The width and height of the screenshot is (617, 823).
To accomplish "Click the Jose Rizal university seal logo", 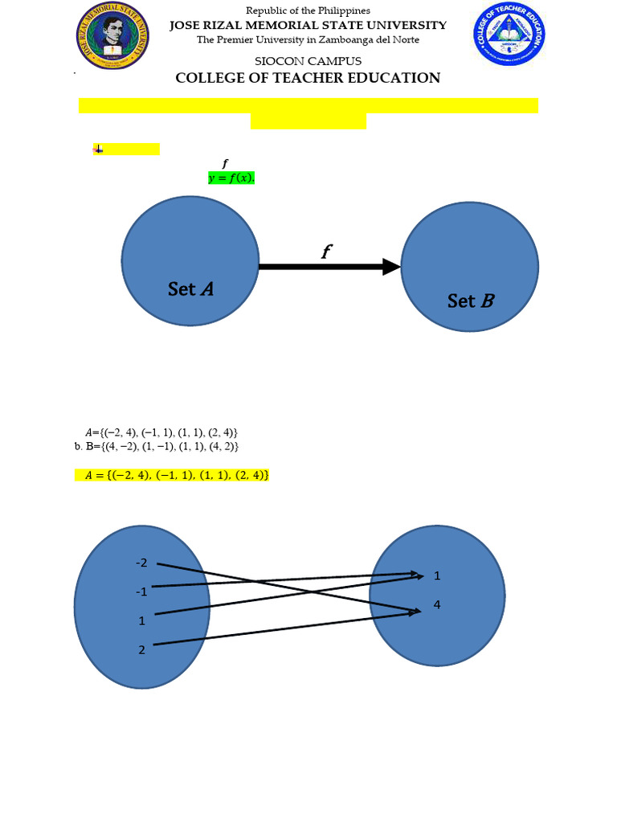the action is [112, 36].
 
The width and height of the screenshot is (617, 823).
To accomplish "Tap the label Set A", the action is [190, 289].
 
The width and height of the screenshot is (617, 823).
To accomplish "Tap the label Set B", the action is [471, 301].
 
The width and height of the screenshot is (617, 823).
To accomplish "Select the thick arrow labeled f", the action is [329, 267].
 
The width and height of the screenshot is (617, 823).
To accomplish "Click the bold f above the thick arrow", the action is [326, 252].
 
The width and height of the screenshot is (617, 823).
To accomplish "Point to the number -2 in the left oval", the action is [142, 563].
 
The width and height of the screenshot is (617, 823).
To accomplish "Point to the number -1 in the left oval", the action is [142, 592].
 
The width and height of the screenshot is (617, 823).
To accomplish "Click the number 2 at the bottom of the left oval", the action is [142, 649].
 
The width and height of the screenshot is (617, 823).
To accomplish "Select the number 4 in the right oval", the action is [437, 604].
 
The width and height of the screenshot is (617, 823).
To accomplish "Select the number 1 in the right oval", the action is [437, 575].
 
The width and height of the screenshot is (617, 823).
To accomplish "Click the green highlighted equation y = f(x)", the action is [231, 178].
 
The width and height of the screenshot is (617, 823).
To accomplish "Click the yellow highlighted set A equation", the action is [172, 475].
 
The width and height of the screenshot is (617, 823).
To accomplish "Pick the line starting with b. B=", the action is [156, 446].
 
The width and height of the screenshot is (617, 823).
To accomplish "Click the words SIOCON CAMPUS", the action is [308, 61].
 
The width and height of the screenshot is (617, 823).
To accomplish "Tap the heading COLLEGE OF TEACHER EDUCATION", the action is [308, 78].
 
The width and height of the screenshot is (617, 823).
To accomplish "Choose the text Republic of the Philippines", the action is [308, 10].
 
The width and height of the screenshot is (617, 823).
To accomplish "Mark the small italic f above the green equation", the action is [225, 164].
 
